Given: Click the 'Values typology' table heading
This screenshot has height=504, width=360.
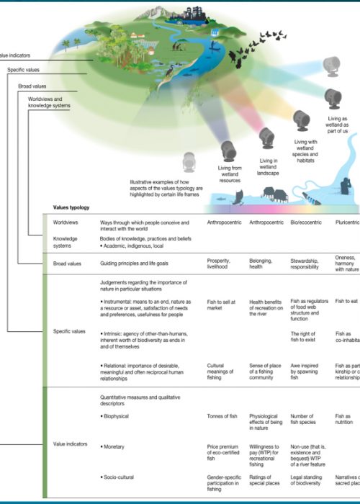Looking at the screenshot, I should coord(71,207).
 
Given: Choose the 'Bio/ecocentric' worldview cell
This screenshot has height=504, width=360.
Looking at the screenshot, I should coord(307,223).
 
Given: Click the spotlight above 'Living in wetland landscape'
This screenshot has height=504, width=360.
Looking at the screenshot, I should coord(266,136).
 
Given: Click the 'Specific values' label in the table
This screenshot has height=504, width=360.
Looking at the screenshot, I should coord(70,332).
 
